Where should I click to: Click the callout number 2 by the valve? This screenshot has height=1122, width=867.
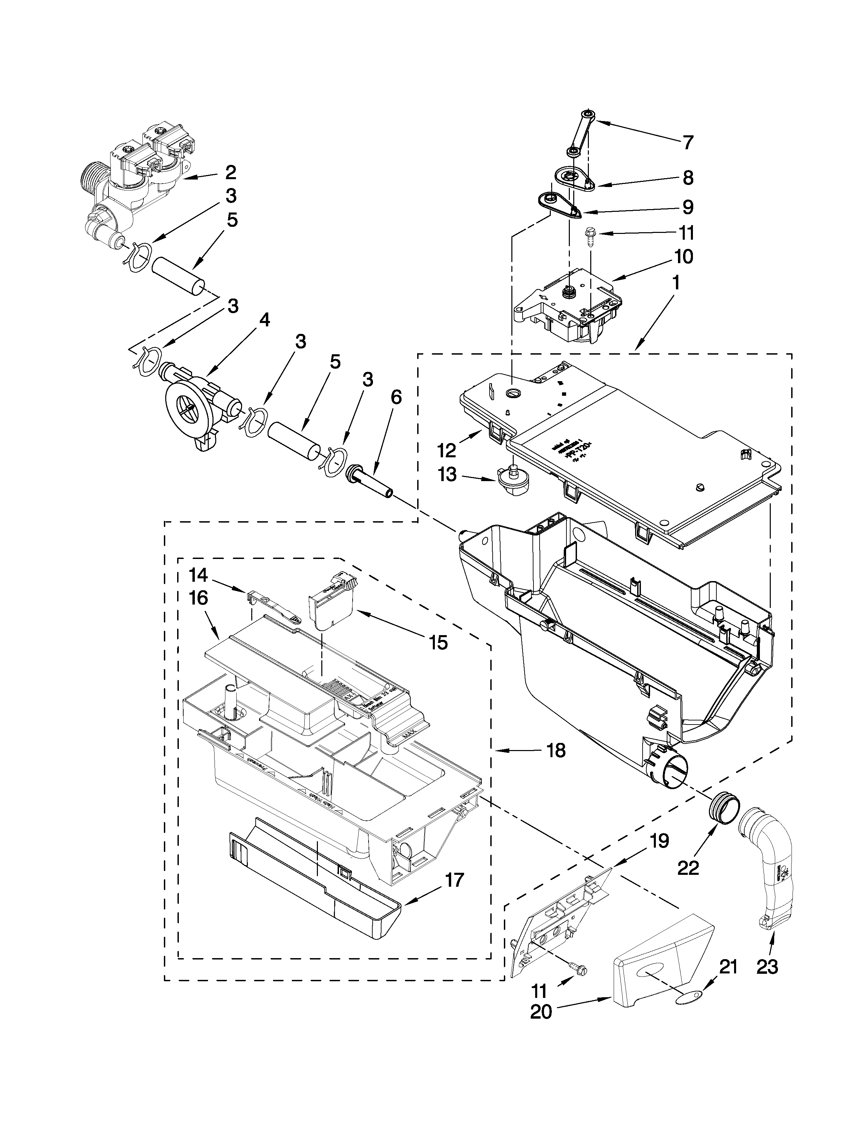(x=231, y=173)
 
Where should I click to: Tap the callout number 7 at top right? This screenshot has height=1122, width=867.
(x=688, y=142)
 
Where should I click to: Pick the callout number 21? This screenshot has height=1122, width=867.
(x=728, y=967)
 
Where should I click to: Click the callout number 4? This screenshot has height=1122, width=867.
(x=263, y=320)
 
